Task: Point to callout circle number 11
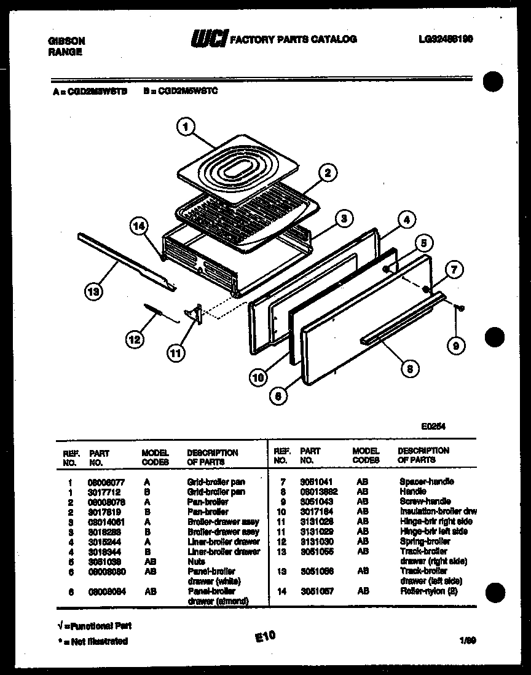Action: tap(176, 353)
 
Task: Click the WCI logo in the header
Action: tap(209, 39)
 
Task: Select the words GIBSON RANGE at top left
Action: tap(66, 46)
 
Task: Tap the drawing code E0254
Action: tap(433, 425)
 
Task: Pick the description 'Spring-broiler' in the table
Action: tap(425, 541)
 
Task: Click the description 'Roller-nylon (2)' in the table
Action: tap(428, 591)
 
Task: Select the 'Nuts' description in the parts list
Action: tap(196, 561)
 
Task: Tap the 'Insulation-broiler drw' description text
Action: tap(438, 511)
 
